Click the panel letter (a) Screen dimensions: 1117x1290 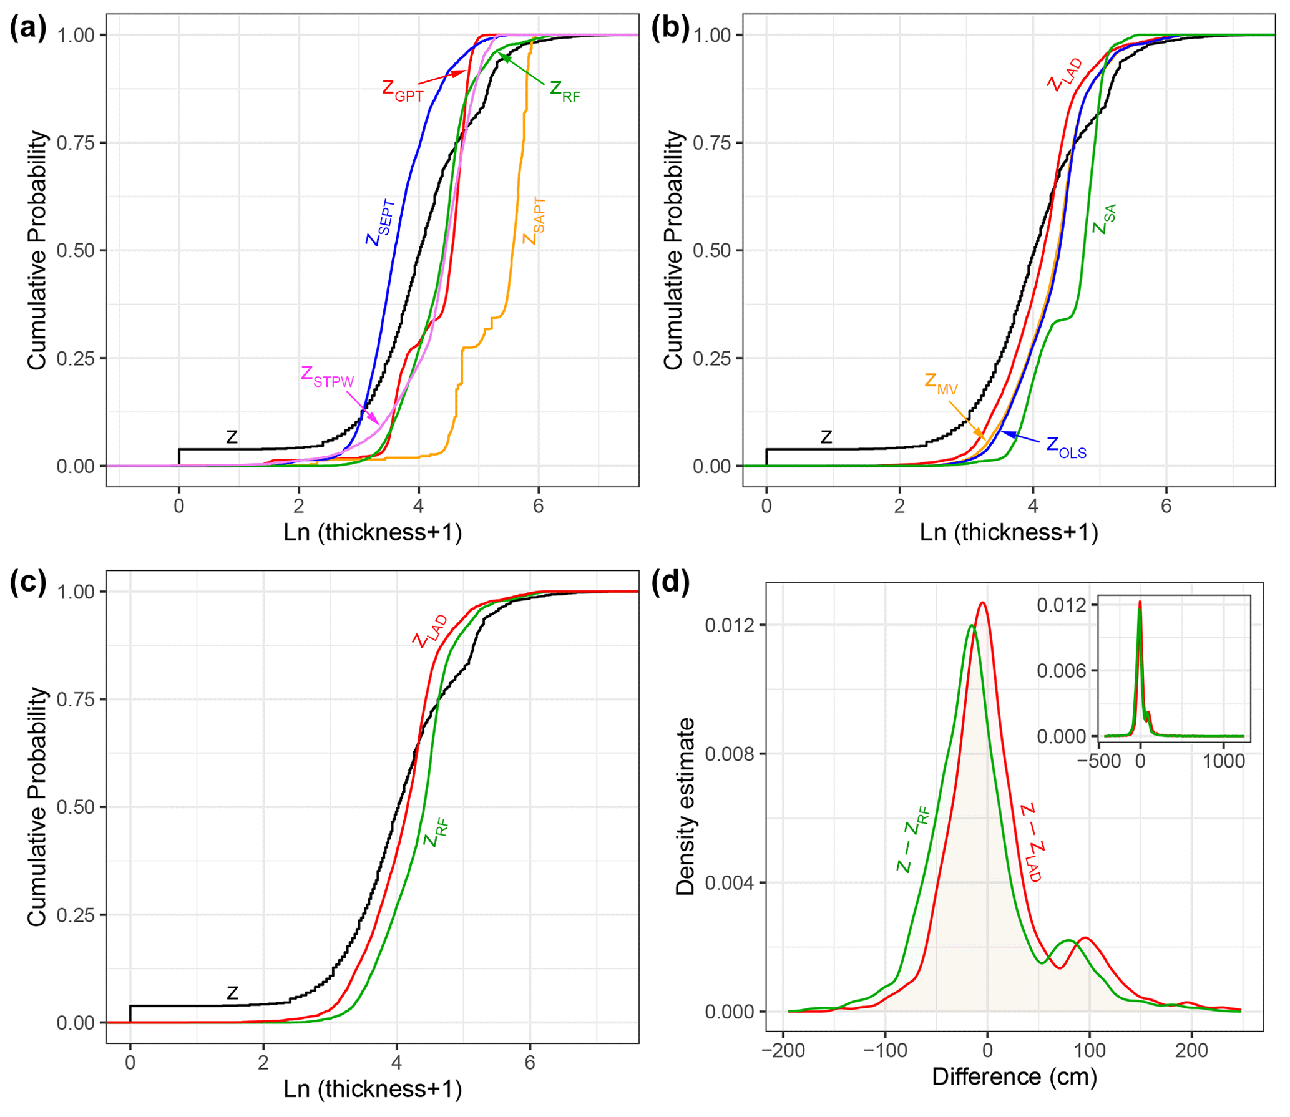28,29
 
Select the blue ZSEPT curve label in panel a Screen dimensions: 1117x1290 381,223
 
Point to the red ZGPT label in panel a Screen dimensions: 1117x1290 403,90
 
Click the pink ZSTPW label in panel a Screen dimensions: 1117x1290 327,376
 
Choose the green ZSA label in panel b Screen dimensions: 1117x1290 1105,220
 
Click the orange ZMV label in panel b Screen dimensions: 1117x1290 941,383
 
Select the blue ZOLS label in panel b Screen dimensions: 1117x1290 1067,447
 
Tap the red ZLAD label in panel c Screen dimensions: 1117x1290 431,632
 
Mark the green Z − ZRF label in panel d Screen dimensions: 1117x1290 914,840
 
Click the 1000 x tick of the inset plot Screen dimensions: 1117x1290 1224,762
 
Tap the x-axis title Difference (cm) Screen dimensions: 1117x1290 1014,1077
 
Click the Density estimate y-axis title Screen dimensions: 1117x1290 686,807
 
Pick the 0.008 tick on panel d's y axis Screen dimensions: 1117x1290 728,754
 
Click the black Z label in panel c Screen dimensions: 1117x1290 232,992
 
